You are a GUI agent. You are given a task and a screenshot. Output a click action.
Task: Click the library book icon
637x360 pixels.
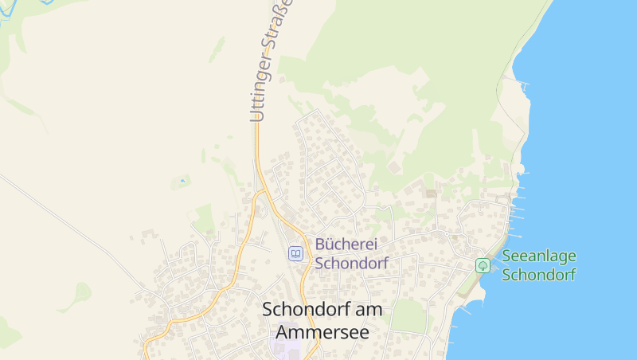coord(296,253)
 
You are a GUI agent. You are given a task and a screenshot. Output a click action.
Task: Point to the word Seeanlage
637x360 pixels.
coord(538,257)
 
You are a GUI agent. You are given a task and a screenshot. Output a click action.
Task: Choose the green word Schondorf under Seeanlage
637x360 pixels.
coord(539,275)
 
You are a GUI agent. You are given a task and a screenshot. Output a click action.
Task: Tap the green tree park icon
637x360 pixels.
coord(483,265)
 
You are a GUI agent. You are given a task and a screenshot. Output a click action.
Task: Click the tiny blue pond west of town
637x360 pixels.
coord(182,182)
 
